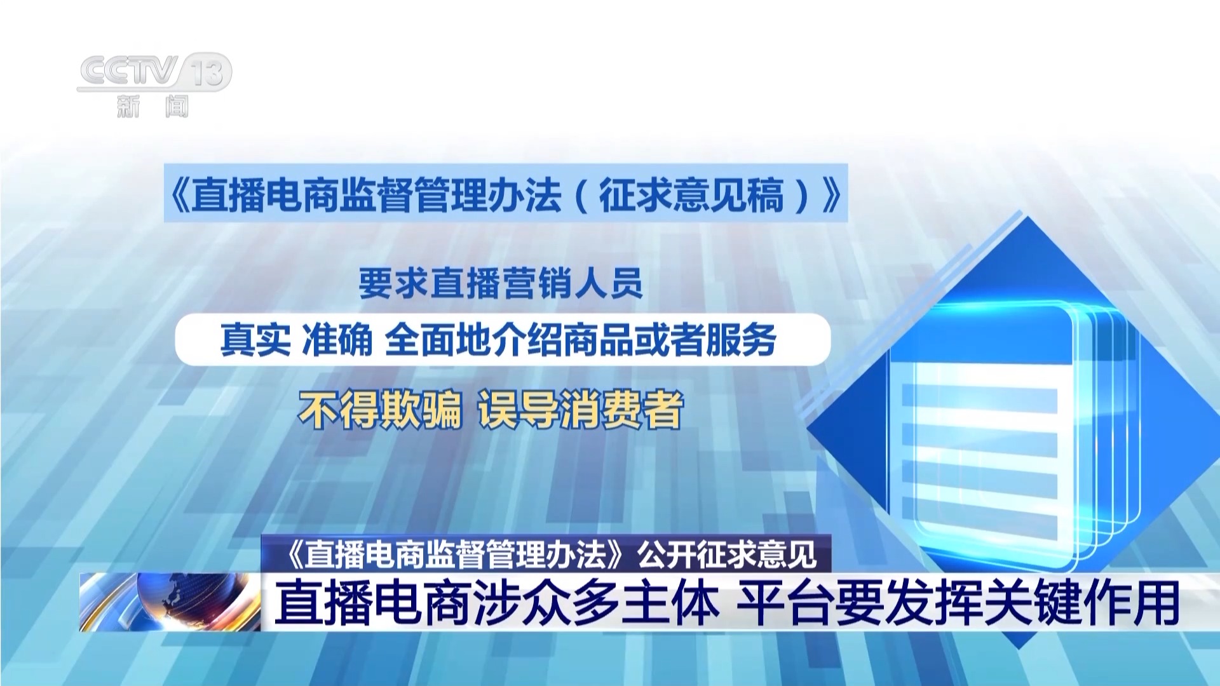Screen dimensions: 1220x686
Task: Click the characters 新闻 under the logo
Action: click(153, 105)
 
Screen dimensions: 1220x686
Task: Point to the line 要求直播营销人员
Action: click(501, 283)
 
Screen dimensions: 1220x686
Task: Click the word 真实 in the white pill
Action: click(255, 339)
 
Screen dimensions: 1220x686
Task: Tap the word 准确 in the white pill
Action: click(337, 339)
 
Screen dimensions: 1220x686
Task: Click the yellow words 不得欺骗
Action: click(380, 410)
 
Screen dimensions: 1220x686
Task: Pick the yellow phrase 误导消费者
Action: click(581, 410)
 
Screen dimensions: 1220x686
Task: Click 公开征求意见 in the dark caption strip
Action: click(727, 555)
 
